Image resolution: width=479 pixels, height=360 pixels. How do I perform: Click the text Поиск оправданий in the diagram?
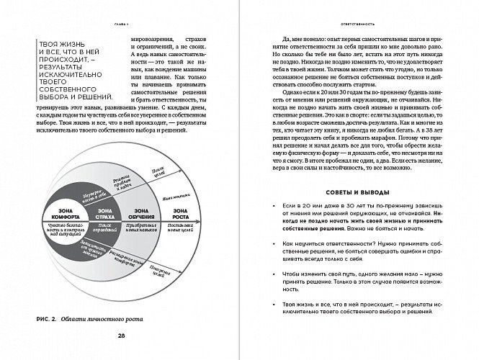tap(104, 229)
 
